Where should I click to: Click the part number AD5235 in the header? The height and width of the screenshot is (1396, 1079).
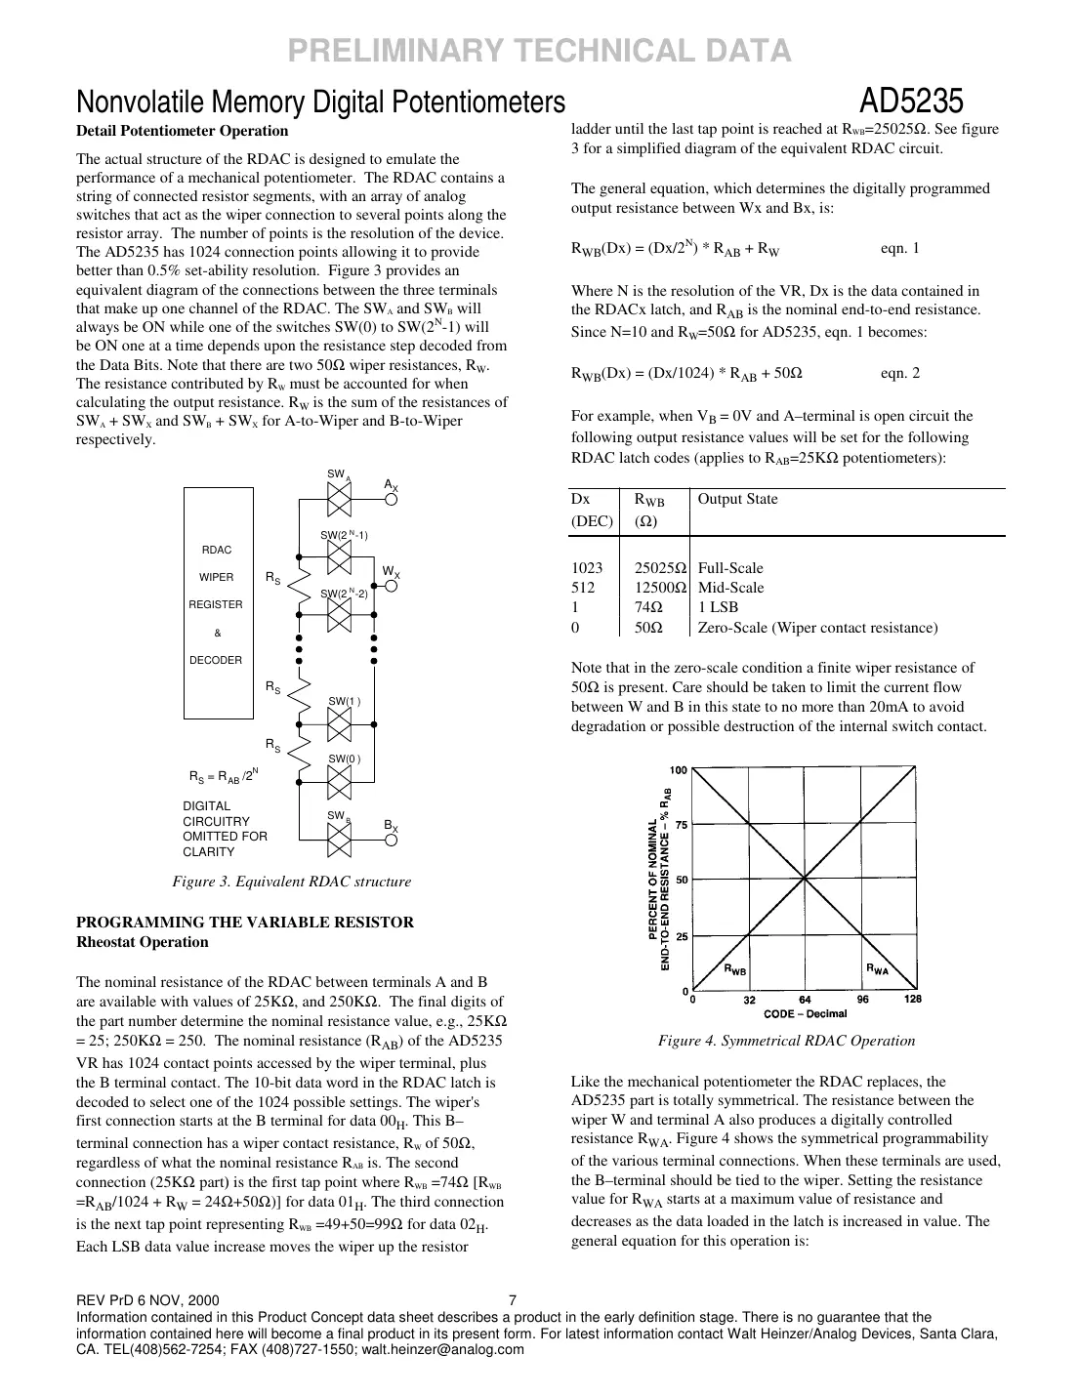pyautogui.click(x=912, y=102)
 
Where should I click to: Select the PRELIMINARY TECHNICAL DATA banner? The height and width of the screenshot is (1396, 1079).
pyautogui.click(x=539, y=50)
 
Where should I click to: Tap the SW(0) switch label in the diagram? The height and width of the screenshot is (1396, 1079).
pyautogui.click(x=344, y=759)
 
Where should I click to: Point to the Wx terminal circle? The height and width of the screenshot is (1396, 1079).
pyautogui.click(x=392, y=584)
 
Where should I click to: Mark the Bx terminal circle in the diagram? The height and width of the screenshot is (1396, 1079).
pyautogui.click(x=392, y=839)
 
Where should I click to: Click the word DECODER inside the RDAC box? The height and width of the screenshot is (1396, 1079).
pyautogui.click(x=216, y=660)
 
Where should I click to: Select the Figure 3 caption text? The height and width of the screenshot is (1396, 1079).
pyautogui.click(x=291, y=882)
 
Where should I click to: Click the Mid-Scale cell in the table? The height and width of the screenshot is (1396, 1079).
pyautogui.click(x=730, y=588)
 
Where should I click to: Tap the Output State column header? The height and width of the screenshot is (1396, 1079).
pyautogui.click(x=737, y=499)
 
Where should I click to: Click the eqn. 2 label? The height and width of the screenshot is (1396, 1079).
pyautogui.click(x=899, y=373)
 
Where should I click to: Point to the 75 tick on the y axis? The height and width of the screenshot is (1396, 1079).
pyautogui.click(x=681, y=824)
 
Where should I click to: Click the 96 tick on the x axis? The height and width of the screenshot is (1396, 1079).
pyautogui.click(x=862, y=1000)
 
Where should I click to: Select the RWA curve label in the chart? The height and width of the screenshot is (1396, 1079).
pyautogui.click(x=877, y=969)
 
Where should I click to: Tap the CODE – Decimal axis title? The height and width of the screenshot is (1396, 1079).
pyautogui.click(x=805, y=1013)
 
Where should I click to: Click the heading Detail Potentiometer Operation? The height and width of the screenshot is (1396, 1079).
pyautogui.click(x=183, y=131)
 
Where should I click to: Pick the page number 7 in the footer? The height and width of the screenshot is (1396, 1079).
pyautogui.click(x=514, y=1300)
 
